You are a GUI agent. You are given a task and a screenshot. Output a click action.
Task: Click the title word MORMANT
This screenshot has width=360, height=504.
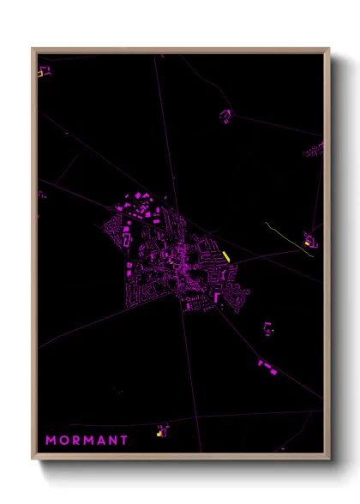tap(87, 440)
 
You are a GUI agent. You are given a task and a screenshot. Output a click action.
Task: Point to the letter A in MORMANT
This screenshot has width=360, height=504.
tap(101, 440)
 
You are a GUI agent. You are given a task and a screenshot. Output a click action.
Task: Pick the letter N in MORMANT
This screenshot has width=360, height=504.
tap(113, 440)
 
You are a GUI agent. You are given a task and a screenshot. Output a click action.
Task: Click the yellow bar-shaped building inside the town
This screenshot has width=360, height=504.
tap(225, 255)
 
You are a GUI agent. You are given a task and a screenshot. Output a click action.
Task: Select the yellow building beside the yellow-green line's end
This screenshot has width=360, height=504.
tap(308, 243)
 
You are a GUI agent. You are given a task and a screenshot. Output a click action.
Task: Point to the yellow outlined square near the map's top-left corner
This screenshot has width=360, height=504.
tap(39, 73)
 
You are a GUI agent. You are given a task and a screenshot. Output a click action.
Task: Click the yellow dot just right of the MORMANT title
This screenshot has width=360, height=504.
tap(159, 434)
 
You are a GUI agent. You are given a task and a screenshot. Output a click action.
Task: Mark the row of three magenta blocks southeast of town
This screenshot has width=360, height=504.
tap(267, 367)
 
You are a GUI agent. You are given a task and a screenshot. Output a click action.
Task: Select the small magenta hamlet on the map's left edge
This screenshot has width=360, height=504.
tap(41, 195)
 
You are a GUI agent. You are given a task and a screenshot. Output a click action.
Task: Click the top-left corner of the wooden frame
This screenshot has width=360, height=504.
tap(33, 49)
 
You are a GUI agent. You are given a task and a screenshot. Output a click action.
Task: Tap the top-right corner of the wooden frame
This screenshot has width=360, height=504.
tap(329, 49)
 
